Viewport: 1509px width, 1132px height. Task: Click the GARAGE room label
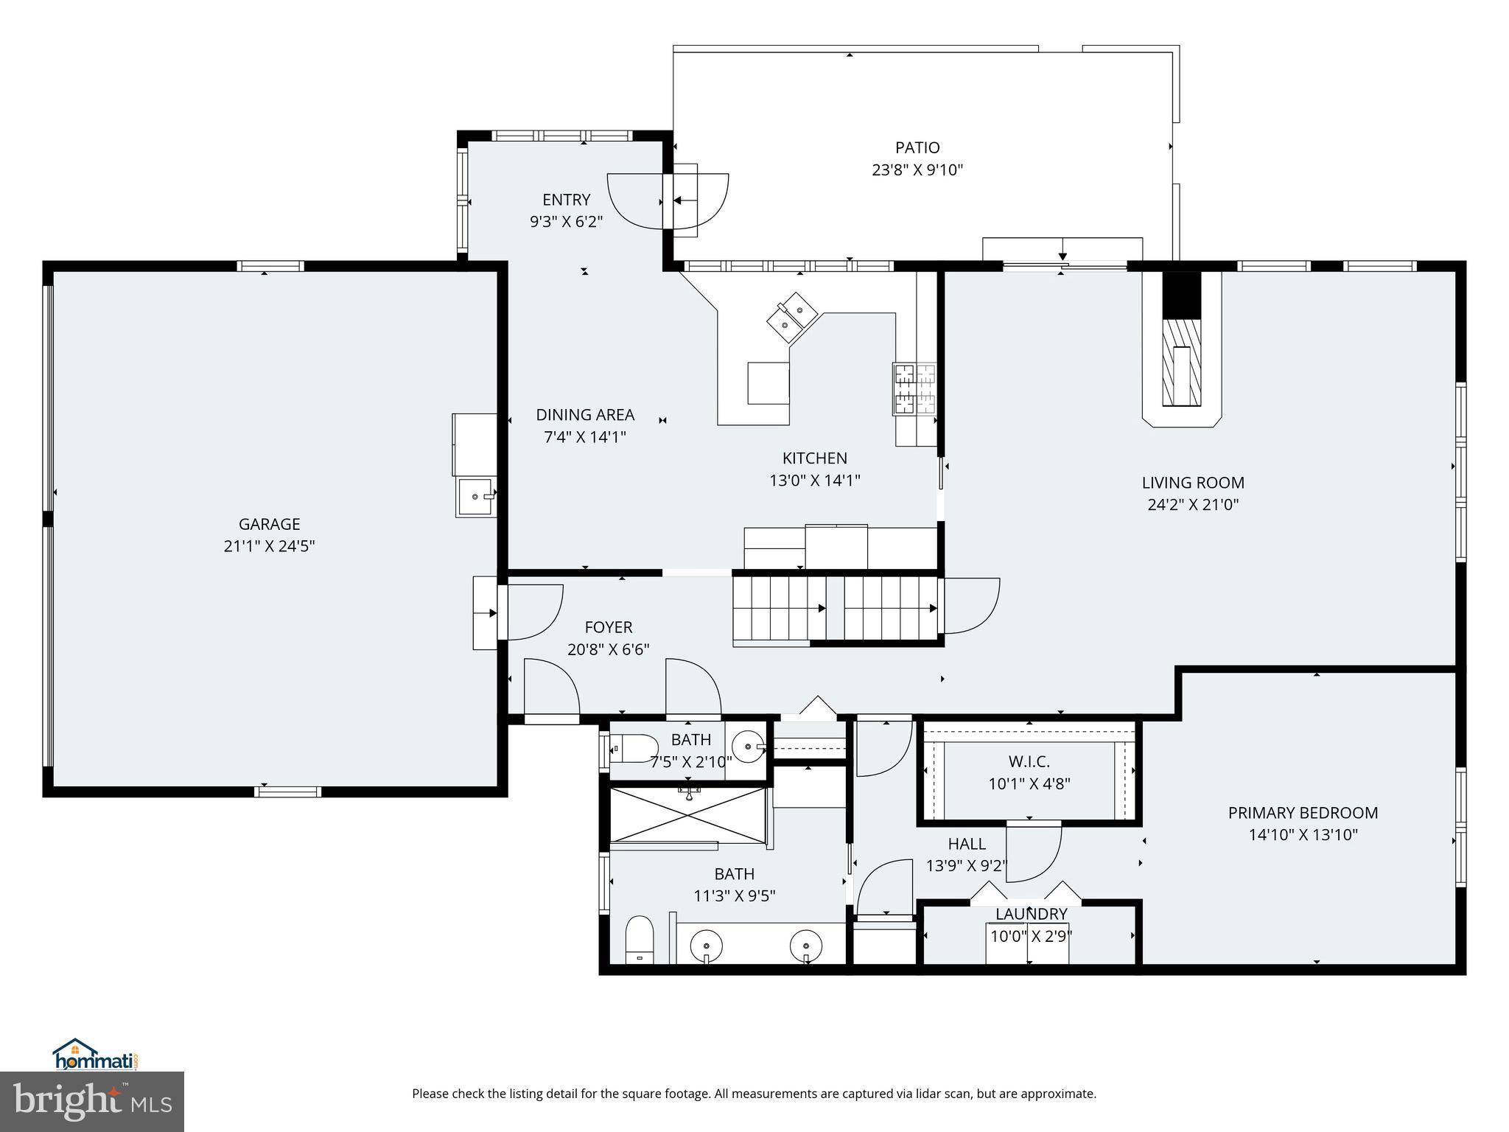[269, 524]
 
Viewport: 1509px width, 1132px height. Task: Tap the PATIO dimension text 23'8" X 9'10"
[917, 170]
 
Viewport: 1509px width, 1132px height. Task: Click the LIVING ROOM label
[1193, 483]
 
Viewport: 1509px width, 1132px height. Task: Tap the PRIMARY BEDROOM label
[1303, 813]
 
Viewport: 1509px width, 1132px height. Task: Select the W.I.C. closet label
[1029, 761]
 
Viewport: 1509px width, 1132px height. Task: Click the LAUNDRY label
[1031, 914]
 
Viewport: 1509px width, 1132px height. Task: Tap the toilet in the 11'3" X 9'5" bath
[639, 940]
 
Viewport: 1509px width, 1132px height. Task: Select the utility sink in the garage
[475, 497]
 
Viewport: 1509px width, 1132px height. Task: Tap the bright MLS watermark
[92, 1102]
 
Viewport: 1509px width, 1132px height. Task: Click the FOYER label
[609, 627]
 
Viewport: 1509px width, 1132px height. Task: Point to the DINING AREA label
[585, 415]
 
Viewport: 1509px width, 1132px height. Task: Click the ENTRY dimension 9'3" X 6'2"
[566, 222]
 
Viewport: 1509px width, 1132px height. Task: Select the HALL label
[967, 844]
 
